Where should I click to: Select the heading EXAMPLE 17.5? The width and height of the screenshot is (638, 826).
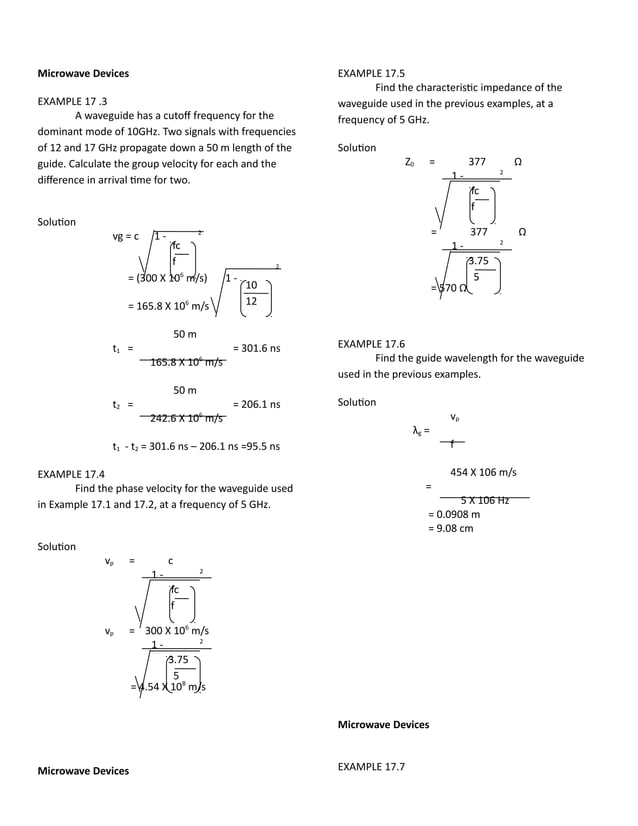pos(371,73)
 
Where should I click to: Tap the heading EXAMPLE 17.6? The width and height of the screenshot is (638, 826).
pos(371,343)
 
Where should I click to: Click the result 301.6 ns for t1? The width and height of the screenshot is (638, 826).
pos(255,348)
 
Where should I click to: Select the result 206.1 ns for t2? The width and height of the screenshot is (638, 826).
pos(255,405)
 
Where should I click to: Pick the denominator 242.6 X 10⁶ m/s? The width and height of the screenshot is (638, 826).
pos(186,419)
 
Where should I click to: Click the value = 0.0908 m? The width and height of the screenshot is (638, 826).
pos(454,514)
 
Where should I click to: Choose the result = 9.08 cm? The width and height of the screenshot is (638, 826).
pos(451,528)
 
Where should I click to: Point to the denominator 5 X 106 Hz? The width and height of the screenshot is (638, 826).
pos(485,500)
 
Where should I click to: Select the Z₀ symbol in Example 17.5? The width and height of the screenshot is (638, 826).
pos(409,161)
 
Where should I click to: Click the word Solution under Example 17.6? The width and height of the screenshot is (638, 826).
pos(357,402)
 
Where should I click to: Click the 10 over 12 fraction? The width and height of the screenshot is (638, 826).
pos(251,293)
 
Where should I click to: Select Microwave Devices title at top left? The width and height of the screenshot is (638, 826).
pos(83,73)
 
